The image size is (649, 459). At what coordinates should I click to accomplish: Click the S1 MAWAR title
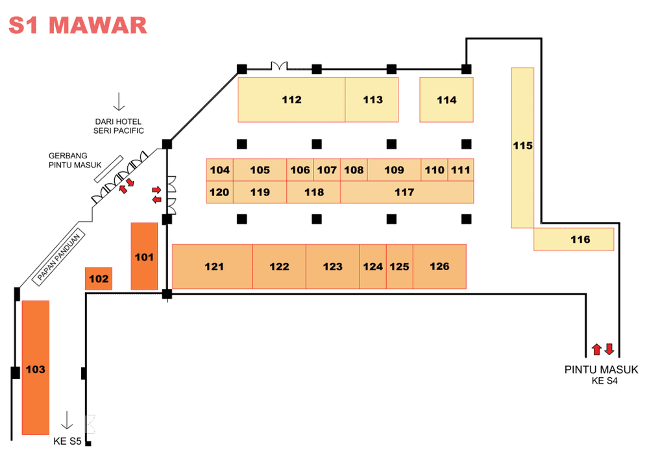pyautogui.click(x=78, y=25)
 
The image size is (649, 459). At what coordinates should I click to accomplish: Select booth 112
pyautogui.click(x=291, y=100)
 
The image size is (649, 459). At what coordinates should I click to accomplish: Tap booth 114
pyautogui.click(x=447, y=100)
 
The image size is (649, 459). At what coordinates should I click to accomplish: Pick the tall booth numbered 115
pyautogui.click(x=522, y=148)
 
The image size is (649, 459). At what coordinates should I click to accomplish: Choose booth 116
pyautogui.click(x=574, y=239)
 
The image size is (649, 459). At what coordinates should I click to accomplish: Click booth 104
pyautogui.click(x=220, y=169)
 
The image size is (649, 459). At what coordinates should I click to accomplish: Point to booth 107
pyautogui.click(x=327, y=169)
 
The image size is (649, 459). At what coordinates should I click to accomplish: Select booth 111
pyautogui.click(x=461, y=169)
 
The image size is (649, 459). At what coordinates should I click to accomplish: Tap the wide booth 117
pyautogui.click(x=407, y=192)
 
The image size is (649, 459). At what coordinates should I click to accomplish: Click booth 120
pyautogui.click(x=220, y=192)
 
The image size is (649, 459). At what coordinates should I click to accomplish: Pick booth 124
pyautogui.click(x=373, y=267)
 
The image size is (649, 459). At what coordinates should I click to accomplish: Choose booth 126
pyautogui.click(x=439, y=267)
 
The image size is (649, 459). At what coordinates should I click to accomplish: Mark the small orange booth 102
pyautogui.click(x=99, y=279)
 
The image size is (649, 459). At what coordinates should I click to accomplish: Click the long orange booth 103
pyautogui.click(x=36, y=367)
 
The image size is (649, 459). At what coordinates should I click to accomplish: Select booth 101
pyautogui.click(x=144, y=256)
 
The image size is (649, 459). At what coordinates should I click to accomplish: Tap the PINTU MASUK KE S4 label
pyautogui.click(x=602, y=375)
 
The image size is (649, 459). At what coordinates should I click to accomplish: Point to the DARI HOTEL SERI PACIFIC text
pyautogui.click(x=118, y=126)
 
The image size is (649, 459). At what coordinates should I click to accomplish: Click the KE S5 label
pyautogui.click(x=67, y=441)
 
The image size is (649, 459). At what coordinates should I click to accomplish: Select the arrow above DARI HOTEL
pyautogui.click(x=119, y=101)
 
